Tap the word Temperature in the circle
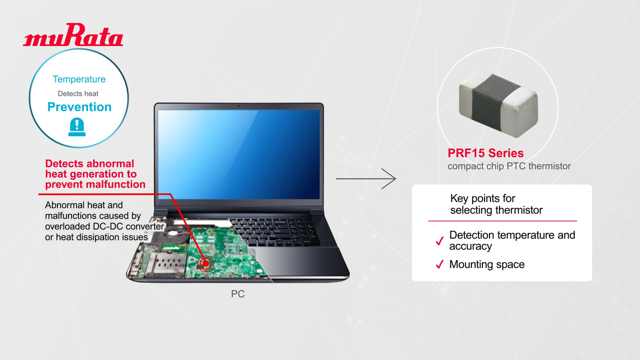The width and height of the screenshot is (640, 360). (79, 79)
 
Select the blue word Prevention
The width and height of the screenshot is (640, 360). (79, 107)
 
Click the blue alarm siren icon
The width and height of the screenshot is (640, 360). (78, 127)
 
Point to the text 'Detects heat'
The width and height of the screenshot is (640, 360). (78, 93)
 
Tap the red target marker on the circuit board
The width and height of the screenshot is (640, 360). (204, 262)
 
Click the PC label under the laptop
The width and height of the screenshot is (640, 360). (237, 294)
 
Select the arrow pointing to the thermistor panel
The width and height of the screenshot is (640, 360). (365, 178)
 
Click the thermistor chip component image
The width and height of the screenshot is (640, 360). (498, 103)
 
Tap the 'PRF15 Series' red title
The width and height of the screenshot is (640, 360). (485, 153)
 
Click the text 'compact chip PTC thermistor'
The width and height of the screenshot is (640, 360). (509, 166)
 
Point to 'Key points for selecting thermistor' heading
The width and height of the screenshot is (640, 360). (496, 204)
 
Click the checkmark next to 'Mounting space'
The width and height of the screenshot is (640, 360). (439, 265)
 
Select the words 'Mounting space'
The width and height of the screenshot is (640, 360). (486, 264)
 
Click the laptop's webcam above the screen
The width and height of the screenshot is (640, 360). (238, 105)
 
